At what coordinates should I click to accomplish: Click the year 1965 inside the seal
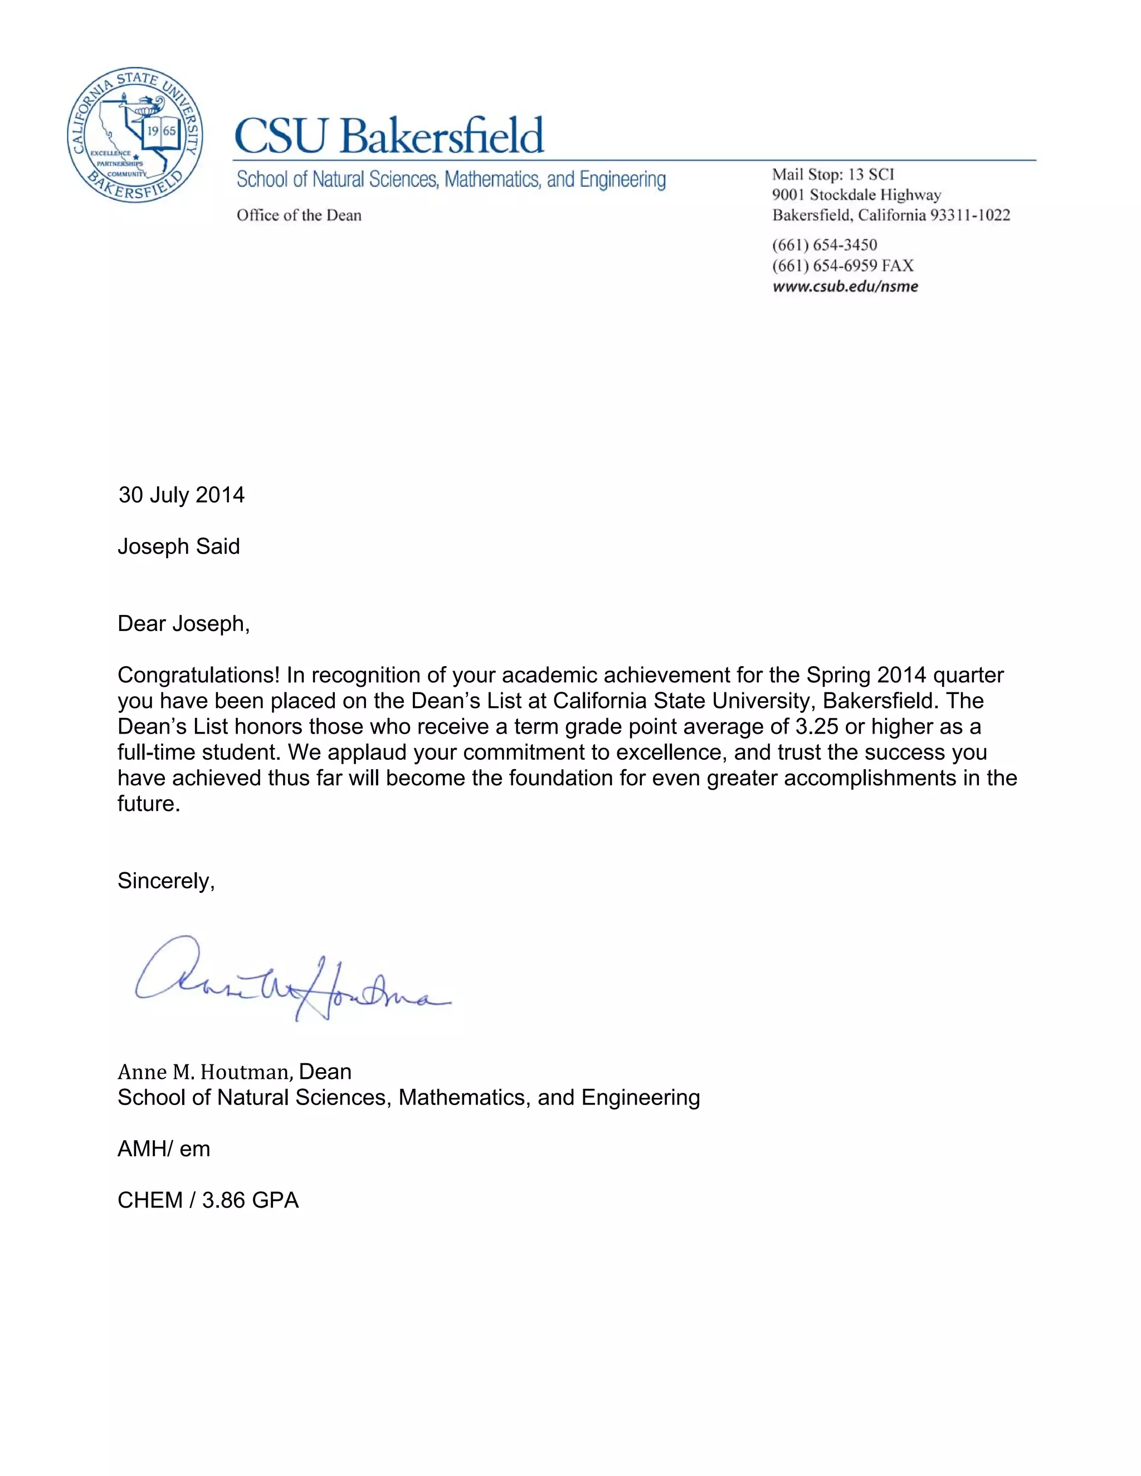162,130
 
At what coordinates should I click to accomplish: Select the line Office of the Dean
299,216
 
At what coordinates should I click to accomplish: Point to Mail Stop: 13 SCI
833,174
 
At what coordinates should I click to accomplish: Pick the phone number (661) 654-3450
824,245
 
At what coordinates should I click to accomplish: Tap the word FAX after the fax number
898,266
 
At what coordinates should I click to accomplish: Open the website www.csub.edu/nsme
845,286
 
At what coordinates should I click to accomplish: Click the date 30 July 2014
181,495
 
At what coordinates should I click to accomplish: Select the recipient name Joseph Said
178,546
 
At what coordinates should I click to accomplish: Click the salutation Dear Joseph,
183,623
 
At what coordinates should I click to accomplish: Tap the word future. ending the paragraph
149,804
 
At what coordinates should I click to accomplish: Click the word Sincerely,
166,881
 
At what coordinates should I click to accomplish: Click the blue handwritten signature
291,980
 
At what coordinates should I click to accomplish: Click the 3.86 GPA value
250,1200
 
